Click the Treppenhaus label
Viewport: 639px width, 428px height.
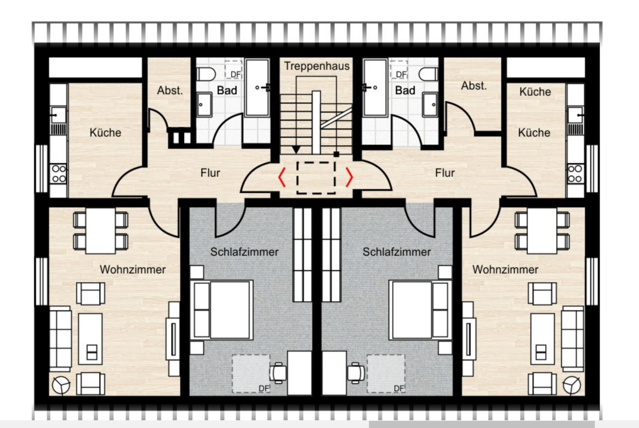[x=317, y=66]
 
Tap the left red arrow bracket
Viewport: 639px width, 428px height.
[x=281, y=177]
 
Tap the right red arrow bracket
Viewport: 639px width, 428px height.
[x=349, y=177]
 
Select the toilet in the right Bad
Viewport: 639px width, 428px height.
[x=428, y=74]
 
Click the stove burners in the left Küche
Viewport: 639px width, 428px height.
[x=59, y=174]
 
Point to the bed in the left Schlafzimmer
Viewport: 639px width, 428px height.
[x=222, y=310]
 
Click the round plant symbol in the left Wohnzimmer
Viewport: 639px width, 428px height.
[x=61, y=385]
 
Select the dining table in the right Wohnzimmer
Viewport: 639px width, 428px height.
[x=542, y=231]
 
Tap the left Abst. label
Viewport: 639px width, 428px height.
[x=170, y=90]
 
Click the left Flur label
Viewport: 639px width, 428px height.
[x=210, y=173]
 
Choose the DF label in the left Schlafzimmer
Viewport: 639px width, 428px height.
[x=264, y=388]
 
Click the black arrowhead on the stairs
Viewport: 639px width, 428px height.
[x=296, y=150]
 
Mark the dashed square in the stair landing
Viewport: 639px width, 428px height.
[x=316, y=177]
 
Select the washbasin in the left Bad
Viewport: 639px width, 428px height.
[x=204, y=104]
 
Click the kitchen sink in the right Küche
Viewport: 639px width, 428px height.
[x=575, y=115]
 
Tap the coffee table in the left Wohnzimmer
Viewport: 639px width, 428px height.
[x=90, y=339]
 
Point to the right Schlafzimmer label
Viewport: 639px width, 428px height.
[x=397, y=252]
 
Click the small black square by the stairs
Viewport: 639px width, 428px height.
[x=337, y=154]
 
